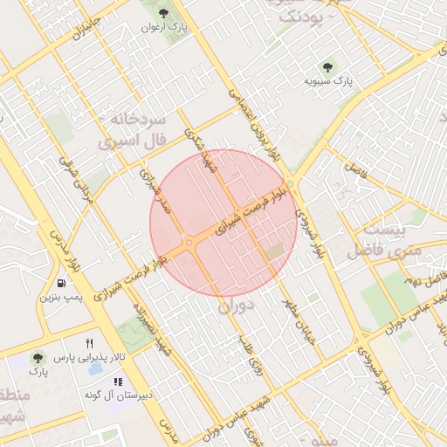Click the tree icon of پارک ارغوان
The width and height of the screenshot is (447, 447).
tap(163, 12)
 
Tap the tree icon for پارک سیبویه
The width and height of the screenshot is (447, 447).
tap(328, 66)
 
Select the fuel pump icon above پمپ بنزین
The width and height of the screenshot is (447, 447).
tap(61, 283)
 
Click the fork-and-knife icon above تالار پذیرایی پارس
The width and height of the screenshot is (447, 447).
tap(89, 343)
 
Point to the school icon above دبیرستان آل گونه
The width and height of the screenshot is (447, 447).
tap(118, 382)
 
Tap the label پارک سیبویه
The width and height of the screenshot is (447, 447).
tap(327, 81)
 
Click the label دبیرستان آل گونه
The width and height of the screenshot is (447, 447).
tap(118, 395)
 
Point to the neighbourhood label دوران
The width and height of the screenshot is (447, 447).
tap(237, 306)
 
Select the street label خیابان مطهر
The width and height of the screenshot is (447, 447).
tap(295, 324)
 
